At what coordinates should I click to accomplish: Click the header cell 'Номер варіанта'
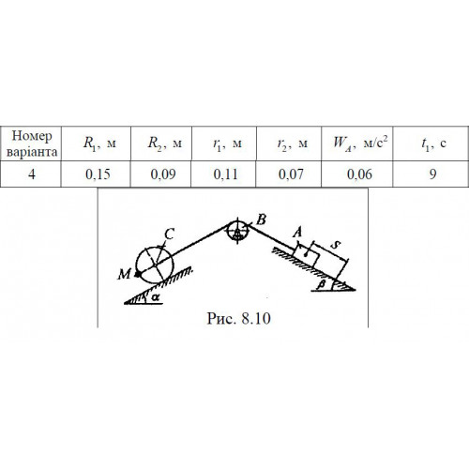coord(31,144)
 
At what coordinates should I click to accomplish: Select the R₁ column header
coord(96,144)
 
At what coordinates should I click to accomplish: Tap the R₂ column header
coord(161,144)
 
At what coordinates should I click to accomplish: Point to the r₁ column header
coord(224,144)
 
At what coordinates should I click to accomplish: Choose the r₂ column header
coord(289,144)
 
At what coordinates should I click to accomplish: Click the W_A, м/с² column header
coord(357,144)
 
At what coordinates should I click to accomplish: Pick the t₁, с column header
coord(431,144)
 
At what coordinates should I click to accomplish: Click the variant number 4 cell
coord(31,174)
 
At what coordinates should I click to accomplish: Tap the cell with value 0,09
coord(161,174)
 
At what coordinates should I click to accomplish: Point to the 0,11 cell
coord(224,174)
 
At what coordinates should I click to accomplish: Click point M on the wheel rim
coord(137,275)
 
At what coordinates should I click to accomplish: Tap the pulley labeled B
coord(237,232)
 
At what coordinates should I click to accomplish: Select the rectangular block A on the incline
coord(307,255)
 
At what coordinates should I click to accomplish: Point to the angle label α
coord(155,297)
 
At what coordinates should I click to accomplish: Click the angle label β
coord(321,285)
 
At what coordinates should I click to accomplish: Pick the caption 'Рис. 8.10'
coord(238,318)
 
